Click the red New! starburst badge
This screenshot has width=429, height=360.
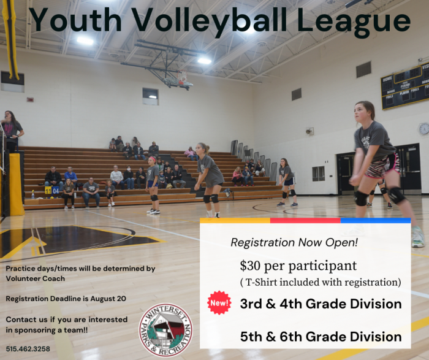(219, 303)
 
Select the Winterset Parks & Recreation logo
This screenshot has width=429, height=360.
(166, 330)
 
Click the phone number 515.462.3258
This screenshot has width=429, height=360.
(28, 349)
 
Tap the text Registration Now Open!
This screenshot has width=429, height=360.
(294, 242)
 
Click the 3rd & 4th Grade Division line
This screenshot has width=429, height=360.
(321, 304)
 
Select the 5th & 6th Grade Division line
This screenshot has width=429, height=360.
(321, 337)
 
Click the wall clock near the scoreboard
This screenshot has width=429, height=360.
(424, 129)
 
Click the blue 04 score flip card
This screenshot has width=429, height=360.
(56, 191)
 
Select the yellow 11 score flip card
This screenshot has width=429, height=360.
(48, 191)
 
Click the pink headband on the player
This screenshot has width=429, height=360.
(152, 159)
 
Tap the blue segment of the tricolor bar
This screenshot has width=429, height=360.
(376, 220)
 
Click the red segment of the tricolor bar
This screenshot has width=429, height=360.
(305, 220)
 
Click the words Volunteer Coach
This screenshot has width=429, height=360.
(36, 278)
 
